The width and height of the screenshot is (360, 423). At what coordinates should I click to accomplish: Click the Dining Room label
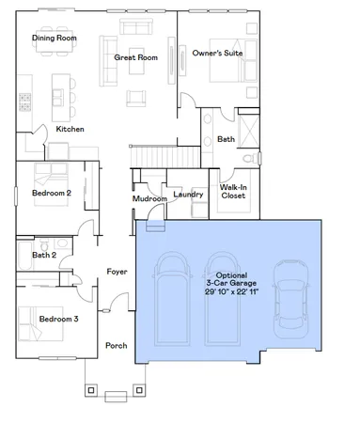[x=54, y=39]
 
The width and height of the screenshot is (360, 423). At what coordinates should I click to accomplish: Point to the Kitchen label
[x=70, y=129]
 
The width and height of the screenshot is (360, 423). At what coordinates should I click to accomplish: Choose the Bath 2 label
[x=44, y=255]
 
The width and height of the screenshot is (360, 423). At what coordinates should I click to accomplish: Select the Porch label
[x=116, y=345]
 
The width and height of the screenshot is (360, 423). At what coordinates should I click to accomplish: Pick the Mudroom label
[x=149, y=198]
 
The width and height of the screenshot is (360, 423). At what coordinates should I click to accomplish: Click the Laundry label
[x=189, y=194]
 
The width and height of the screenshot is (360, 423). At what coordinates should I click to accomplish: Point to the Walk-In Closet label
[x=233, y=192]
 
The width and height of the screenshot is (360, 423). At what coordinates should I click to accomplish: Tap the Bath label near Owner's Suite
[x=226, y=139]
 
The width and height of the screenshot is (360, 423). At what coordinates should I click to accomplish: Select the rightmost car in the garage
[x=290, y=301]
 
